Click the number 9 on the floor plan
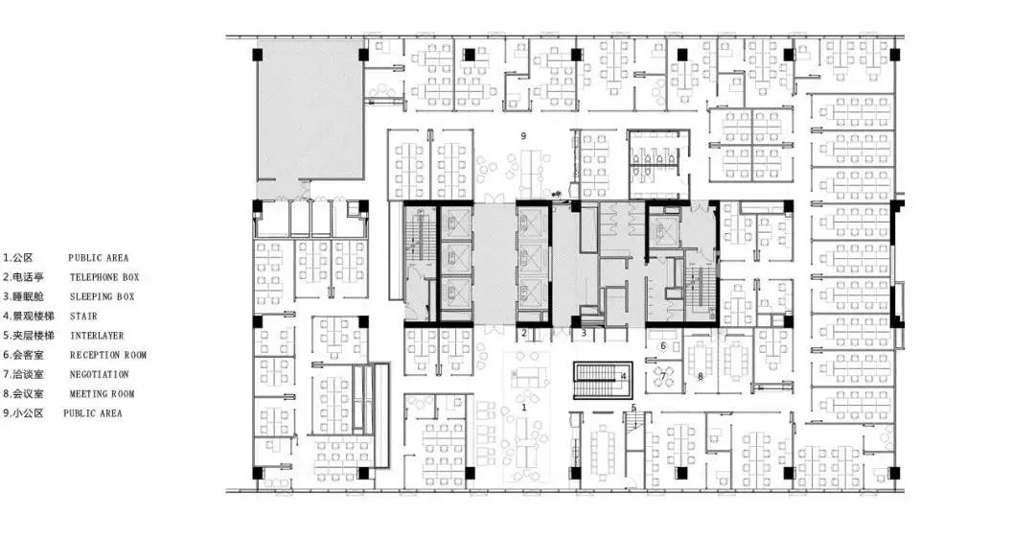[523, 136]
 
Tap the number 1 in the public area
[524, 408]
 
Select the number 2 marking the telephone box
[524, 333]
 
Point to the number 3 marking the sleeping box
[584, 333]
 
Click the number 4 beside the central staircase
[623, 377]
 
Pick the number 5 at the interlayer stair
[633, 408]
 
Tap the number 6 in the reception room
[663, 345]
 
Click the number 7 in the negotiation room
[663, 377]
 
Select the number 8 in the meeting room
[701, 377]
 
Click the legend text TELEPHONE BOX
[104, 277]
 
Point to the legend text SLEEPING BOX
[102, 296]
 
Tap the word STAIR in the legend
[83, 317]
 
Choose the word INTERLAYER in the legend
[97, 336]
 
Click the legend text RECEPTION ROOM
[108, 355]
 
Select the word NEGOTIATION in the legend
[99, 375]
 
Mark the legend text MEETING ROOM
[102, 394]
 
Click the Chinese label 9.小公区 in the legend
[23, 413]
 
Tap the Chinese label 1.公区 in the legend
[18, 258]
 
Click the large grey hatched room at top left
[310, 109]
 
